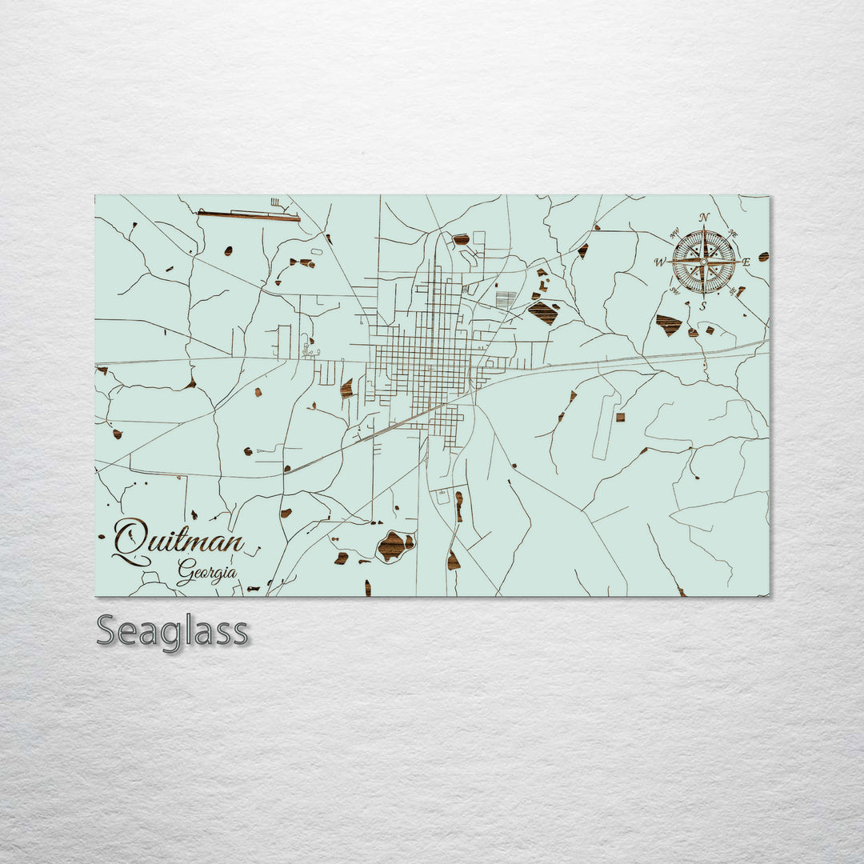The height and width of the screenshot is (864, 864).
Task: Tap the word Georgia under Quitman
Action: (x=207, y=573)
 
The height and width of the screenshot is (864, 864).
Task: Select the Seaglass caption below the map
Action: (x=172, y=631)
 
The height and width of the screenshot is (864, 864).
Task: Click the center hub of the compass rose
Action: (x=703, y=261)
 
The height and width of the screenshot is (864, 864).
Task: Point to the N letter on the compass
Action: (x=704, y=218)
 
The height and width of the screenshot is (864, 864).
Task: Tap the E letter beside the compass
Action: (x=746, y=262)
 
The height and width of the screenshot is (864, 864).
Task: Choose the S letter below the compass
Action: (x=703, y=305)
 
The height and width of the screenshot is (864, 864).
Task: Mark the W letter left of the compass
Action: (x=660, y=262)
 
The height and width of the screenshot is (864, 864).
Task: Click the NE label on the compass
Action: (x=734, y=234)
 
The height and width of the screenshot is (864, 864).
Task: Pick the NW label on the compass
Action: (x=673, y=233)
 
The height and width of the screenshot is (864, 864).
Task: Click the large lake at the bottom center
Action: (x=394, y=545)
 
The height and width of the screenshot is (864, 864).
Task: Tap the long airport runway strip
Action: (x=248, y=215)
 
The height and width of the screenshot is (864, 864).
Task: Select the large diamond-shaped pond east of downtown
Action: (x=543, y=312)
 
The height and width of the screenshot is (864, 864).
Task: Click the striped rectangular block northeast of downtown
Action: (x=506, y=300)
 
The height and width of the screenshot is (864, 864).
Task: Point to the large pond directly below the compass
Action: (x=668, y=324)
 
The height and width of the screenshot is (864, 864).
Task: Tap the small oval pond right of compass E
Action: (x=763, y=257)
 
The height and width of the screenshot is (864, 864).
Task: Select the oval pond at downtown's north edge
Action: (x=461, y=238)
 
